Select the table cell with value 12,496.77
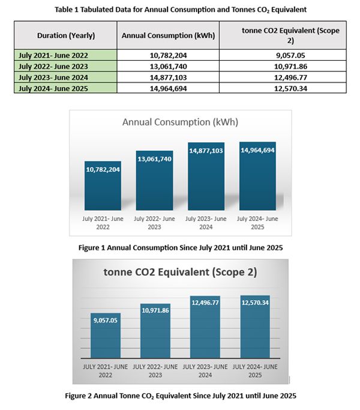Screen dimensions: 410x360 pos(283,78)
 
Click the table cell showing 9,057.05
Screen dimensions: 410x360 pos(283,55)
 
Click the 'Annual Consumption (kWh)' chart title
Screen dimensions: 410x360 pos(180,122)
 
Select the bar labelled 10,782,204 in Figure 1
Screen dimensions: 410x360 pos(103,189)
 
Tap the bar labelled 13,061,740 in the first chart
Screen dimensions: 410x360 pos(154,183)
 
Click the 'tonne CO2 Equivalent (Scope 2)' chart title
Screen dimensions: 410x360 pos(180,272)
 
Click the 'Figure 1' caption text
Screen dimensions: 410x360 pos(180,247)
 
